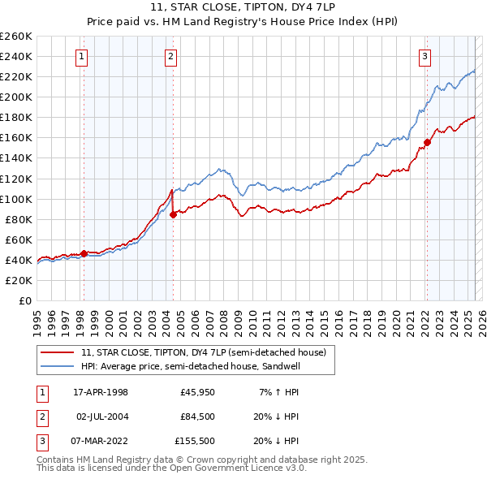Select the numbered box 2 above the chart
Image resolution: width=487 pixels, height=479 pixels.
(x=171, y=56)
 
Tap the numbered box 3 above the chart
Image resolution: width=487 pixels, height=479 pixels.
(x=425, y=56)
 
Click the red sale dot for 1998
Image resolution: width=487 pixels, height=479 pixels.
(x=84, y=253)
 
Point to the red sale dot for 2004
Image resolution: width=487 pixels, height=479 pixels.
(x=173, y=214)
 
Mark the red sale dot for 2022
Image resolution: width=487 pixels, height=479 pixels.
(x=427, y=142)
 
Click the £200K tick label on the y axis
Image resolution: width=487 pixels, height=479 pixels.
(x=16, y=97)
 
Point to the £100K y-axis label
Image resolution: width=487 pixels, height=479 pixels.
(x=16, y=199)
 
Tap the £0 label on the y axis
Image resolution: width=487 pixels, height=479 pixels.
(x=24, y=300)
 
